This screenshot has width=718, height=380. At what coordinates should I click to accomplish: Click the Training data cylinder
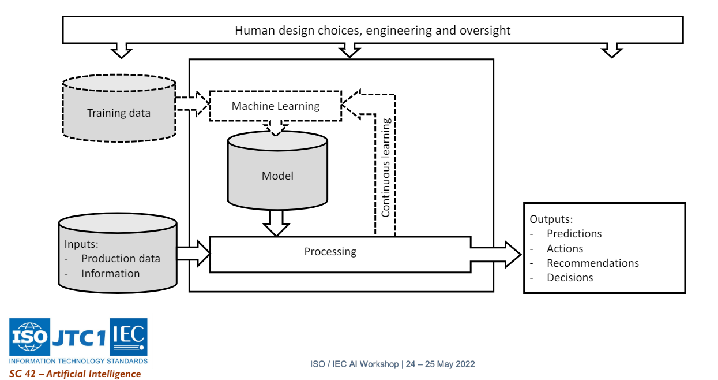tap(118, 113)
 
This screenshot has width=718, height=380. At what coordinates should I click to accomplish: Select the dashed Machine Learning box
tap(275, 106)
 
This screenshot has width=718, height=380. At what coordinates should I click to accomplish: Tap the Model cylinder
tap(277, 176)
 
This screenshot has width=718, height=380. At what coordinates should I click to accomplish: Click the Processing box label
tap(330, 252)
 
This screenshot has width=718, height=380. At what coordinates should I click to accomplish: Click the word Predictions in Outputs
tap(574, 234)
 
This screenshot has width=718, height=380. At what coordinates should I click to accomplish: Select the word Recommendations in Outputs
tap(592, 263)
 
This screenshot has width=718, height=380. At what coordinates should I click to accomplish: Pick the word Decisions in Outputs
tap(570, 278)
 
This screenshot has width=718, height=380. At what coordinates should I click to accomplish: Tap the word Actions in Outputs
tap(565, 249)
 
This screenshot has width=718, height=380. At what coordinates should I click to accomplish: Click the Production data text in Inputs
tap(121, 259)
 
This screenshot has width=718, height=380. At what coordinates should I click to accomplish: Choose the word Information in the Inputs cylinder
tap(110, 274)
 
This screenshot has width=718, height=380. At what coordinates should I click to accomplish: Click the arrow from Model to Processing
tap(276, 223)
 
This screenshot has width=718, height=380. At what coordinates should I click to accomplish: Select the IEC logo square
tap(128, 337)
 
